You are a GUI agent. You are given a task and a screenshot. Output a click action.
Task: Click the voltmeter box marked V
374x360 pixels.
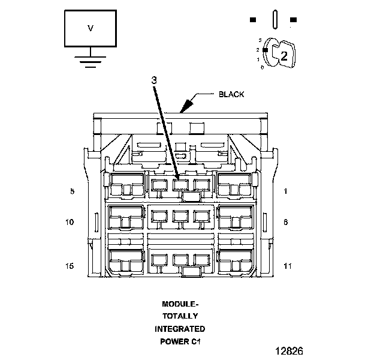click(x=91, y=28)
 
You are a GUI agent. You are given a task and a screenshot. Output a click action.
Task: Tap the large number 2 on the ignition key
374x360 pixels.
click(x=284, y=56)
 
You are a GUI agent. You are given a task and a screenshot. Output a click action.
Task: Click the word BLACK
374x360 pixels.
click(x=231, y=94)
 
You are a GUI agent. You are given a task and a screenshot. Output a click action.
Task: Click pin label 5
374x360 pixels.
click(x=72, y=191)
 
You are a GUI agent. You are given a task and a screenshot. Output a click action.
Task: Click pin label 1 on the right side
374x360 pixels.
click(x=286, y=191)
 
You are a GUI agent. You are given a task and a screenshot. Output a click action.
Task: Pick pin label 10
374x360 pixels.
click(x=70, y=222)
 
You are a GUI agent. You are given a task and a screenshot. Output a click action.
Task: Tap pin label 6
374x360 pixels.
click(x=286, y=222)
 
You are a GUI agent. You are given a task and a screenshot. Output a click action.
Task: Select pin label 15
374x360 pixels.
click(x=70, y=266)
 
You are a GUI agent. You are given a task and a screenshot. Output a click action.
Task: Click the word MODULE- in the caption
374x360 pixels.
click(x=179, y=304)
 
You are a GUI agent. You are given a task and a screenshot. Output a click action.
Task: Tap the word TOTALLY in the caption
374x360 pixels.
click(x=179, y=316)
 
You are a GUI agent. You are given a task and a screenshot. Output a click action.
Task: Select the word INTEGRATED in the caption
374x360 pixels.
click(x=179, y=329)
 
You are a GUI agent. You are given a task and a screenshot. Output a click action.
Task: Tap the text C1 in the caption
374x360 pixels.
click(x=195, y=341)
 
